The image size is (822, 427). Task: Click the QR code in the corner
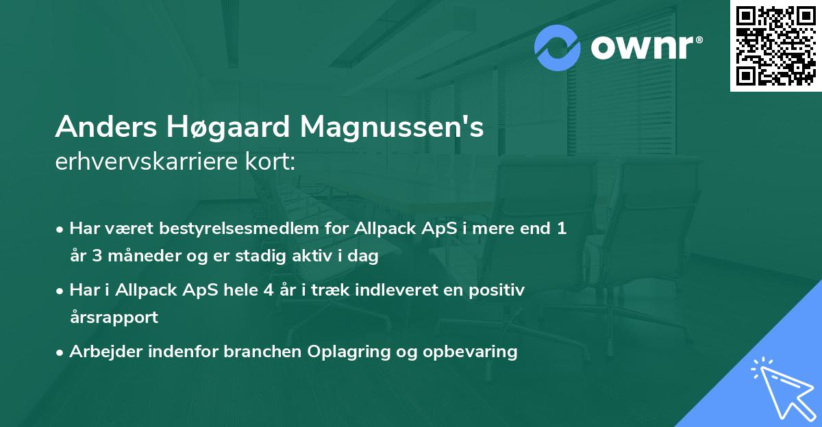[775, 46]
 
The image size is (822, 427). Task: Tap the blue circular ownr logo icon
[558, 48]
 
